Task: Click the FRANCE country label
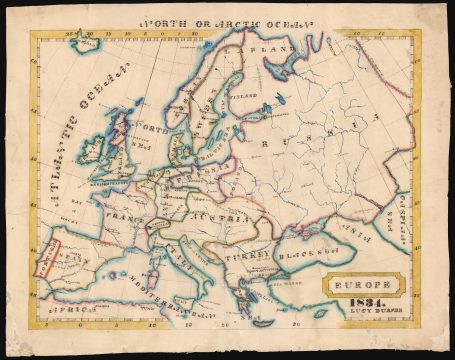[x=127, y=214]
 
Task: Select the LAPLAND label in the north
[x=275, y=47]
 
